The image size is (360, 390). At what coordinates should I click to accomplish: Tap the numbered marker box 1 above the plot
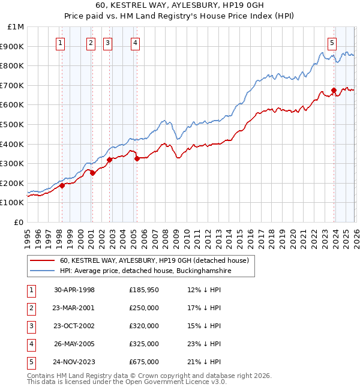tap(61, 43)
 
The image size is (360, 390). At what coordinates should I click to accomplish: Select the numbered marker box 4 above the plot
tap(136, 43)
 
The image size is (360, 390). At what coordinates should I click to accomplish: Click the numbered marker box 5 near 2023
tap(332, 43)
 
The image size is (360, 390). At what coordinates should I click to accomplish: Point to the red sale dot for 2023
tap(334, 91)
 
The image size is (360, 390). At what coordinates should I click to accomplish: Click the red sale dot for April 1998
tap(62, 186)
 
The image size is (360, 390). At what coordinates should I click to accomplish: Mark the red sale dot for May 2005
tap(137, 159)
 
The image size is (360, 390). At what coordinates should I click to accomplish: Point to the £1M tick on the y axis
tap(16, 27)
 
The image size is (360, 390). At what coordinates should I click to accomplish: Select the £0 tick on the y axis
tap(18, 222)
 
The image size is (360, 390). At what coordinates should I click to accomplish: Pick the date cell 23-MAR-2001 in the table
tap(74, 308)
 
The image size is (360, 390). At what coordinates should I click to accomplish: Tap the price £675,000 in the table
tap(144, 362)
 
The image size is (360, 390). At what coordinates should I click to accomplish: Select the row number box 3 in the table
tap(31, 326)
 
